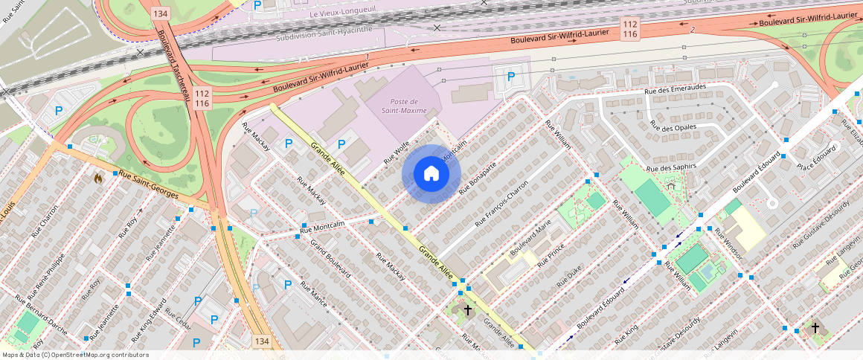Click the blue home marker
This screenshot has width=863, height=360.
click(x=431, y=174)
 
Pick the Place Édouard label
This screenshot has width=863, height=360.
click(x=816, y=155)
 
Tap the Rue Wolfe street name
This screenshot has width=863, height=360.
click(x=397, y=153)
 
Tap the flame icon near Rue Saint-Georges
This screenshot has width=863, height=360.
click(x=98, y=178)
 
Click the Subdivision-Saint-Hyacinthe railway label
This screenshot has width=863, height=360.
click(x=322, y=36)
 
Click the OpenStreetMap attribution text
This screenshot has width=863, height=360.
click(x=75, y=355)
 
